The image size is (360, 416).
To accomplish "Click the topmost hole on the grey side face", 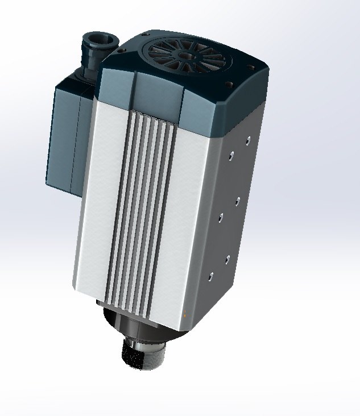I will pos(247,139).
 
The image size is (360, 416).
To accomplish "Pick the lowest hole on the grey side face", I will pos(210,277).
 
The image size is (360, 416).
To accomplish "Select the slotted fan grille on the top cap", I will pos(188,57).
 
